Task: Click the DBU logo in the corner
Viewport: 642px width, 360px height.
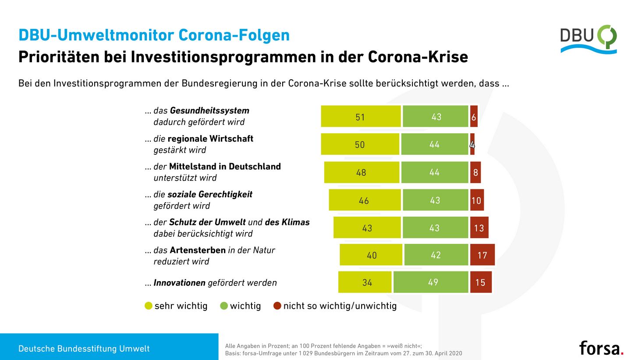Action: point(588,39)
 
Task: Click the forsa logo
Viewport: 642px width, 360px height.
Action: point(601,348)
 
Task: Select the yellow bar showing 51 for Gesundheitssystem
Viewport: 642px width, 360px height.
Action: point(361,117)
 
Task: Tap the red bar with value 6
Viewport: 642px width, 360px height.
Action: point(474,117)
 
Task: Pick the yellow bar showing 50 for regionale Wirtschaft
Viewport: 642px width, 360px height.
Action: point(360,144)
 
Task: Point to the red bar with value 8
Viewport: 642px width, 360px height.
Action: point(475,172)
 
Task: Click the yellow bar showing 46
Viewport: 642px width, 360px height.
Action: point(365,200)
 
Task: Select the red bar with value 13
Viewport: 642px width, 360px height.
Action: point(479,228)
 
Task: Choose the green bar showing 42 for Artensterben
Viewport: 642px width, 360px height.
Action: point(436,255)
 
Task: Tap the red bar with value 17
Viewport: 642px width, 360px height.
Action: point(482,255)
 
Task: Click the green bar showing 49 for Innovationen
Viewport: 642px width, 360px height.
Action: point(431,282)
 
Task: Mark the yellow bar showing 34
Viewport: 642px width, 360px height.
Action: point(365,282)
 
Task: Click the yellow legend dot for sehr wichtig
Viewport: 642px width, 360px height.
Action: point(149,306)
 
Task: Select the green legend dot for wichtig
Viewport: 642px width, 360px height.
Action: point(224,306)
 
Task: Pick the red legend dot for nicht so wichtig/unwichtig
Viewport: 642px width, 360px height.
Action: point(277,306)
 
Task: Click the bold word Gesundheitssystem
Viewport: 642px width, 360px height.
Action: point(209,110)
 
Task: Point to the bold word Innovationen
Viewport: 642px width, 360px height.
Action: point(179,283)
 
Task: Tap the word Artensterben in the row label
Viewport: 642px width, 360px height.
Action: point(197,250)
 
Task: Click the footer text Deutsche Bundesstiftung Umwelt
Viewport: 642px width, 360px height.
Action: point(84,349)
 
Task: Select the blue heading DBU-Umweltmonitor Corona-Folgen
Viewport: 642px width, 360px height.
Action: point(154,35)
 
